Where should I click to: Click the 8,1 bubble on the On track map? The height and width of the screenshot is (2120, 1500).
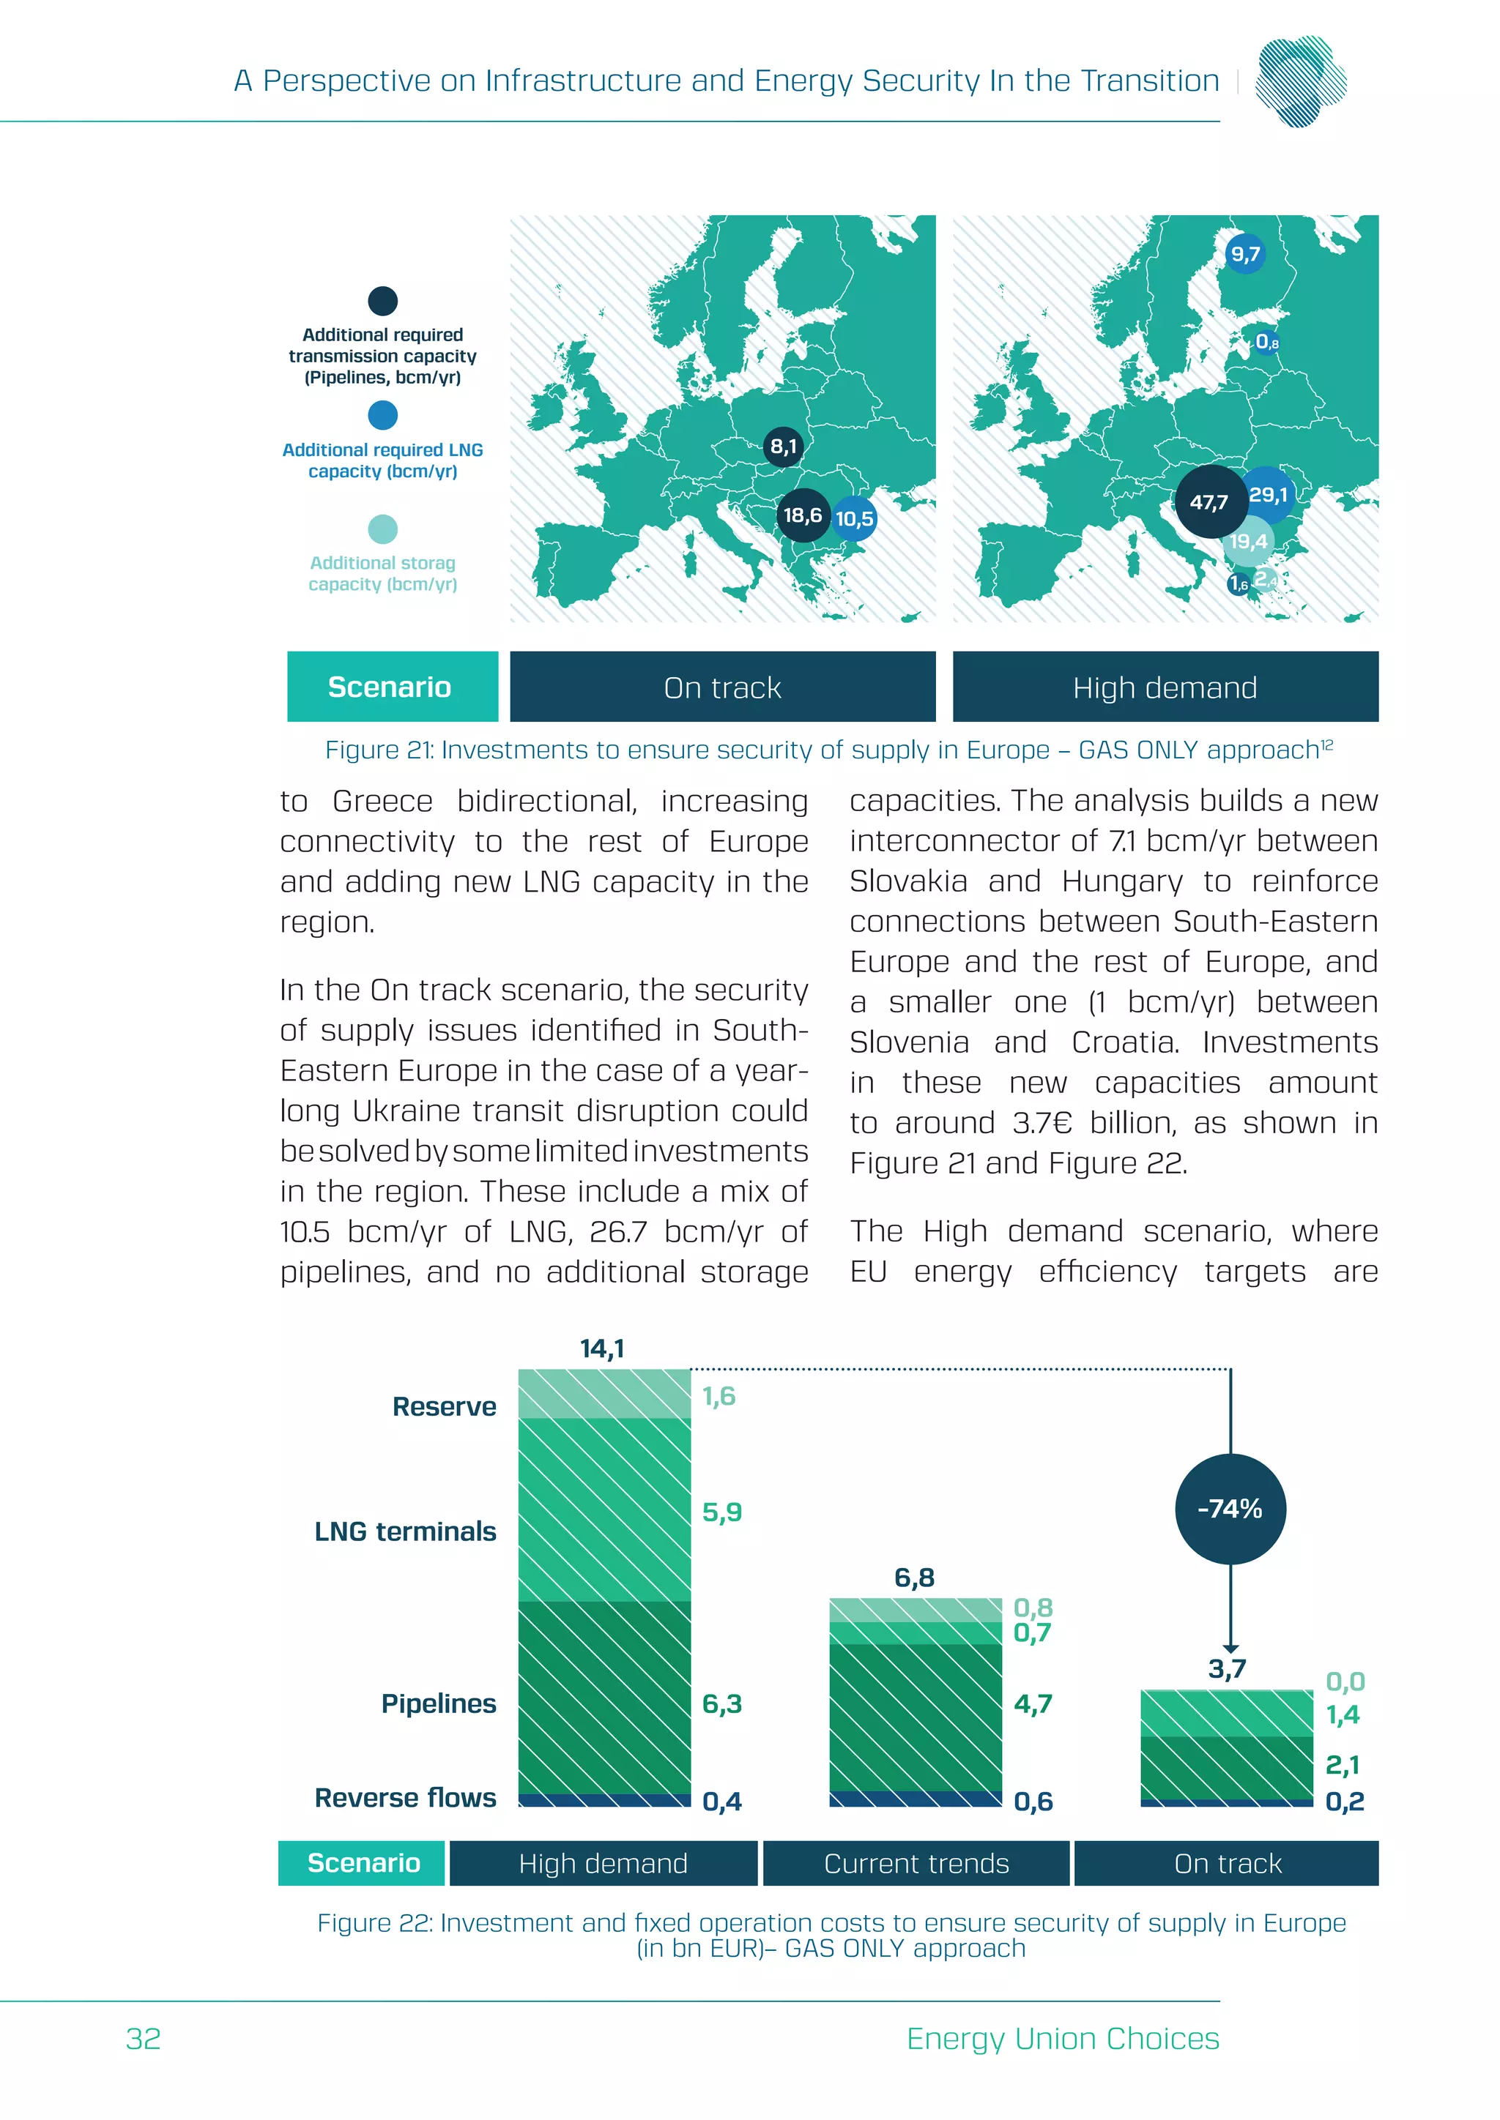(x=783, y=447)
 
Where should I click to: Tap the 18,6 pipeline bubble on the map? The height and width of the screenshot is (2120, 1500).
(x=803, y=515)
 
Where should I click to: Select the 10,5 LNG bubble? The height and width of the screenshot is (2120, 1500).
(x=855, y=519)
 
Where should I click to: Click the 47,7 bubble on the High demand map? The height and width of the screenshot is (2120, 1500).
(x=1209, y=502)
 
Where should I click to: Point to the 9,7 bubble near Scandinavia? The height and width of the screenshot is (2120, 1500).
(x=1245, y=254)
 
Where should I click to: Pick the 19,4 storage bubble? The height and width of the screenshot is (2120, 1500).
(x=1248, y=542)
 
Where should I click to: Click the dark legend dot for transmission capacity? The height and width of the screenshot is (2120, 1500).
(x=382, y=301)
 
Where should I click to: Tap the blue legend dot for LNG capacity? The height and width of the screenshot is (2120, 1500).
(x=382, y=416)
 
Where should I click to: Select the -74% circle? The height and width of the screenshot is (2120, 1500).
(x=1230, y=1509)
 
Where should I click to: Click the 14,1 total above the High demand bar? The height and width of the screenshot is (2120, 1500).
(x=602, y=1349)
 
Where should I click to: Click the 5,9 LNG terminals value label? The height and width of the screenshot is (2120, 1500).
(x=721, y=1512)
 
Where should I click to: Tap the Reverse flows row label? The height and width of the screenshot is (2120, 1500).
(x=406, y=1798)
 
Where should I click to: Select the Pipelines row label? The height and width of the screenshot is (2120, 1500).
(x=439, y=1703)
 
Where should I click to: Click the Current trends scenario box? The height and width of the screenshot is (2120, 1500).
(x=916, y=1863)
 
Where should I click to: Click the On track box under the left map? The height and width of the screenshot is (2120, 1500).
(x=722, y=687)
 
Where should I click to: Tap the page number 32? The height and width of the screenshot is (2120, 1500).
(x=143, y=2039)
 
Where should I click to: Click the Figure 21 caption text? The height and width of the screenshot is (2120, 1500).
(x=828, y=750)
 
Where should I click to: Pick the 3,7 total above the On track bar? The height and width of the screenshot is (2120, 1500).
(x=1227, y=1668)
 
